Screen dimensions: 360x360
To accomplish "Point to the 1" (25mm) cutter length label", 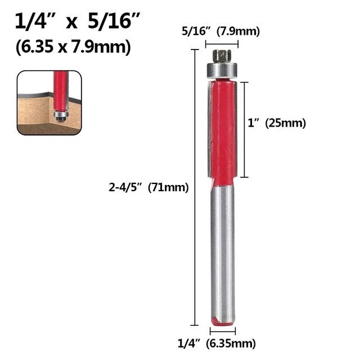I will pyautogui.click(x=277, y=124).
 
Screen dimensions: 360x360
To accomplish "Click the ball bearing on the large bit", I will pyautogui.click(x=223, y=70).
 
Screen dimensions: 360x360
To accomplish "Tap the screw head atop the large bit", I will pyautogui.click(x=223, y=56).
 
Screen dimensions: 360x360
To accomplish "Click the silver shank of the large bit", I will pyautogui.click(x=223, y=253).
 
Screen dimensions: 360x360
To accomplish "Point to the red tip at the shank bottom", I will pyautogui.click(x=223, y=321).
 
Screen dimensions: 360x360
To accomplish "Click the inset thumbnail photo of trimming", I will pyautogui.click(x=49, y=102).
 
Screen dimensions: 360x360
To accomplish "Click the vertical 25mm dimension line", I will pyautogui.click(x=244, y=129).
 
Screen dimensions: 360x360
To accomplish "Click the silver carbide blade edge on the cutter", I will pyautogui.click(x=210, y=129).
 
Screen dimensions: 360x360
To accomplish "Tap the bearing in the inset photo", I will pyautogui.click(x=61, y=113).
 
